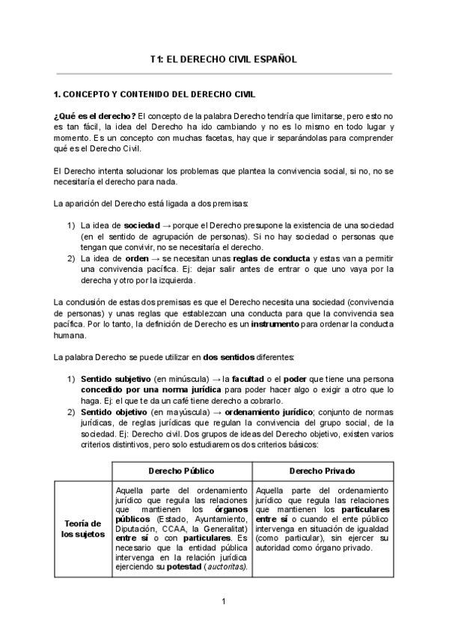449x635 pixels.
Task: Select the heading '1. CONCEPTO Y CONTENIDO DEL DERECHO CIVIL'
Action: (x=154, y=95)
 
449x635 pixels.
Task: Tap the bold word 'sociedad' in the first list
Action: (x=142, y=225)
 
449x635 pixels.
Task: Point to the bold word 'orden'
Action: (x=137, y=258)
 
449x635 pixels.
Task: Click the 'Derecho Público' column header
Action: (x=182, y=470)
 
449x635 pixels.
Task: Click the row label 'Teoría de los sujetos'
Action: (x=82, y=528)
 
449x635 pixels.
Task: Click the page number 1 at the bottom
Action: (x=224, y=601)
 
